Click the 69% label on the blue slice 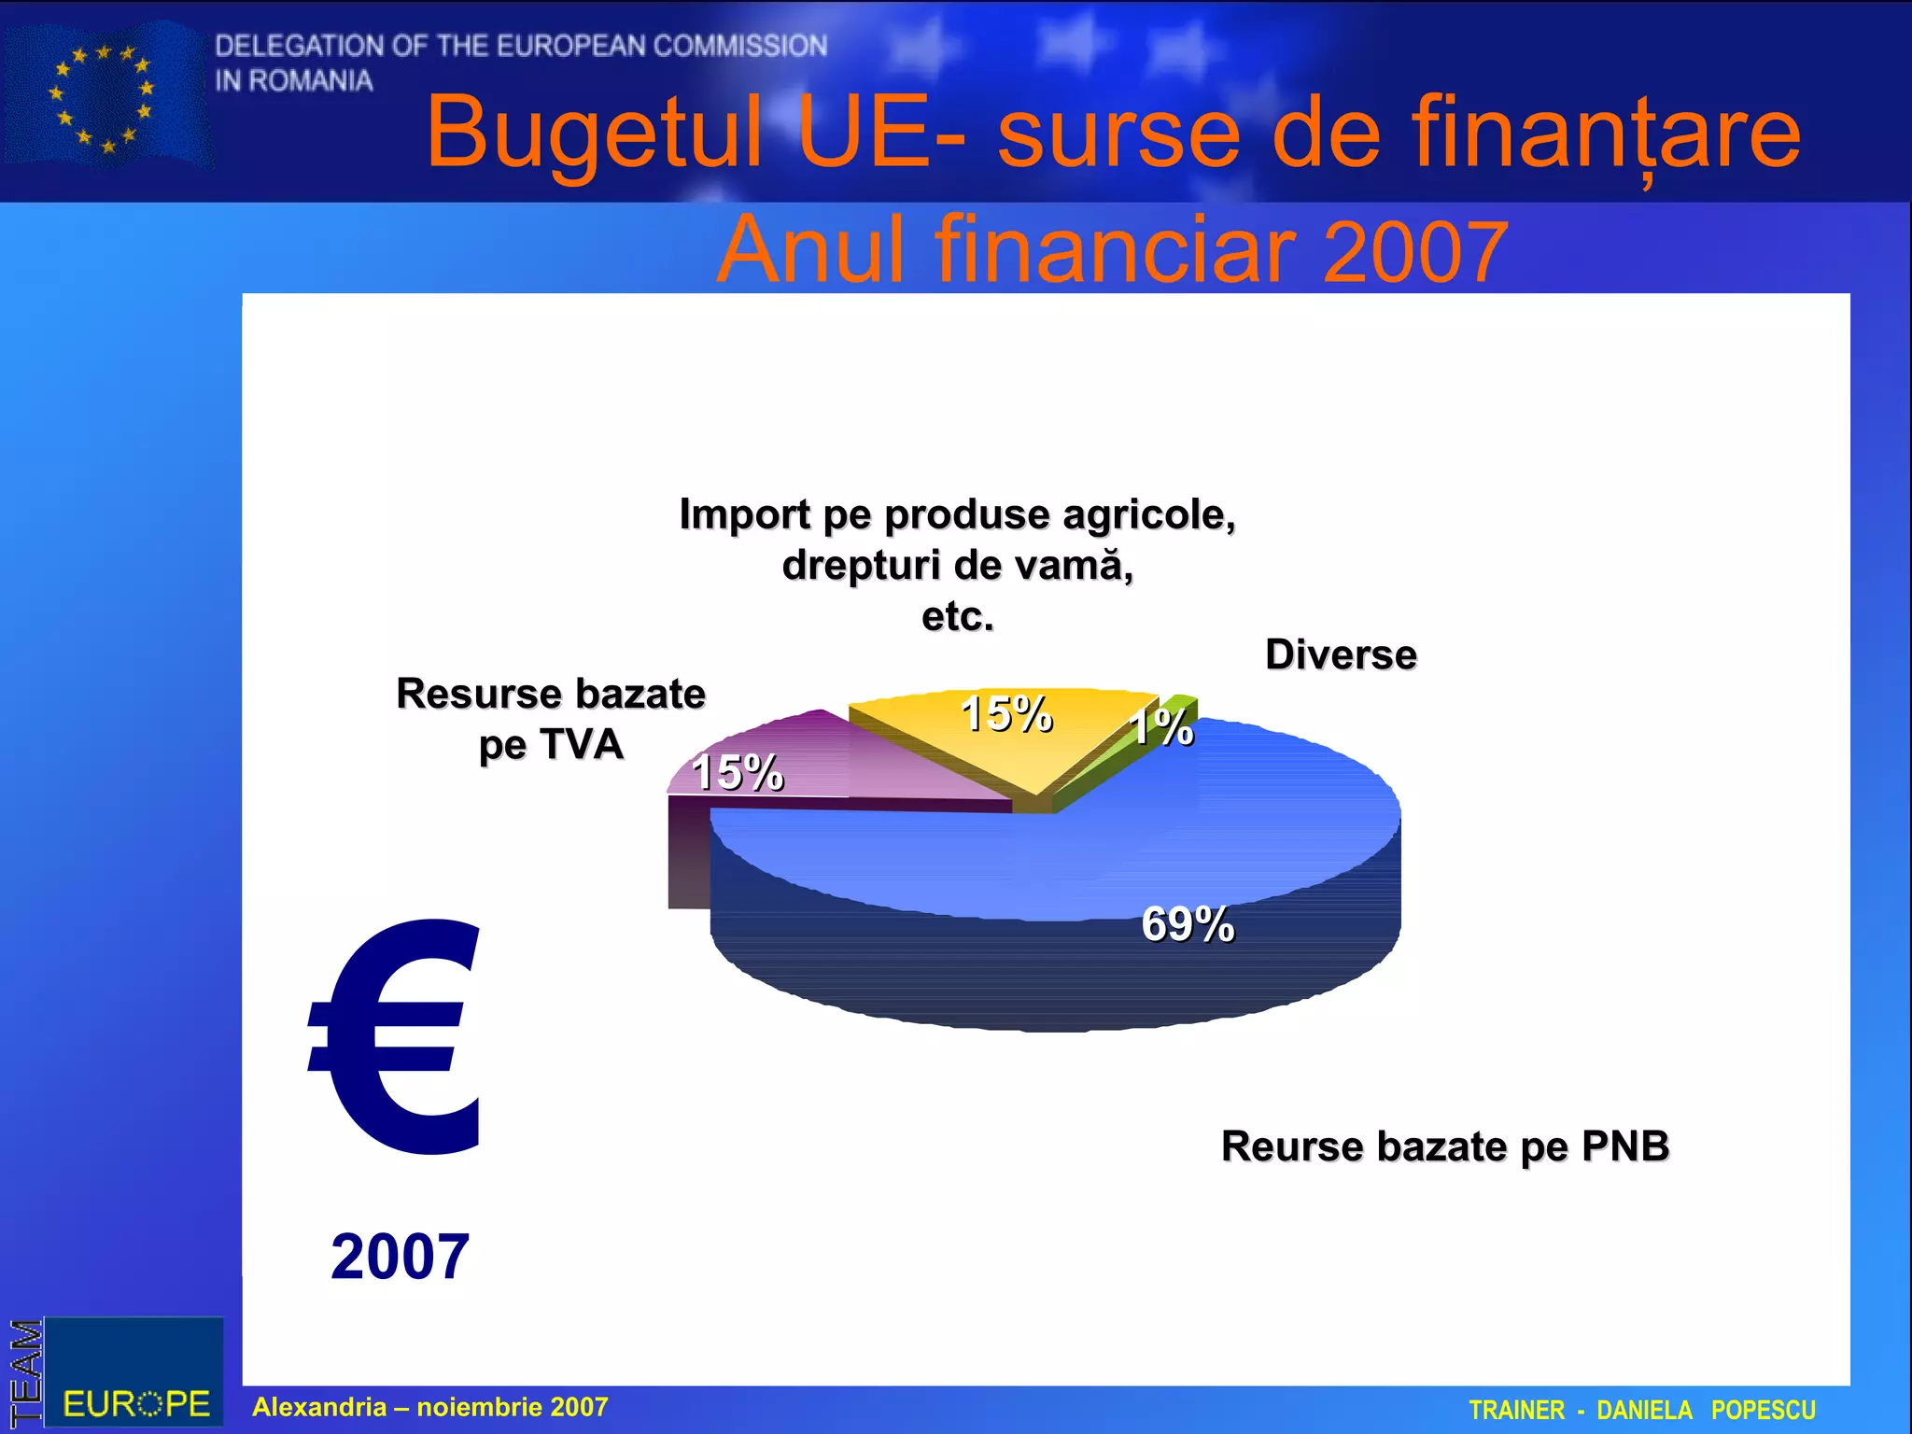pyautogui.click(x=1188, y=924)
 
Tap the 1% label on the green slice pyautogui.click(x=1161, y=727)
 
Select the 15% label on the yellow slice pyautogui.click(x=1006, y=714)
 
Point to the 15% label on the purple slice pyautogui.click(x=738, y=772)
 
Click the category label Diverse pyautogui.click(x=1341, y=654)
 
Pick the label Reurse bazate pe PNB pyautogui.click(x=1444, y=1146)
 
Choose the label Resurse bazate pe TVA pyautogui.click(x=551, y=719)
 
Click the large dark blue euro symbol pyautogui.click(x=397, y=1036)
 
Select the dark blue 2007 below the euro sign pyautogui.click(x=400, y=1257)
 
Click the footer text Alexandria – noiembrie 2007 pyautogui.click(x=430, y=1407)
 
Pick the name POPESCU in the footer pyautogui.click(x=1763, y=1410)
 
